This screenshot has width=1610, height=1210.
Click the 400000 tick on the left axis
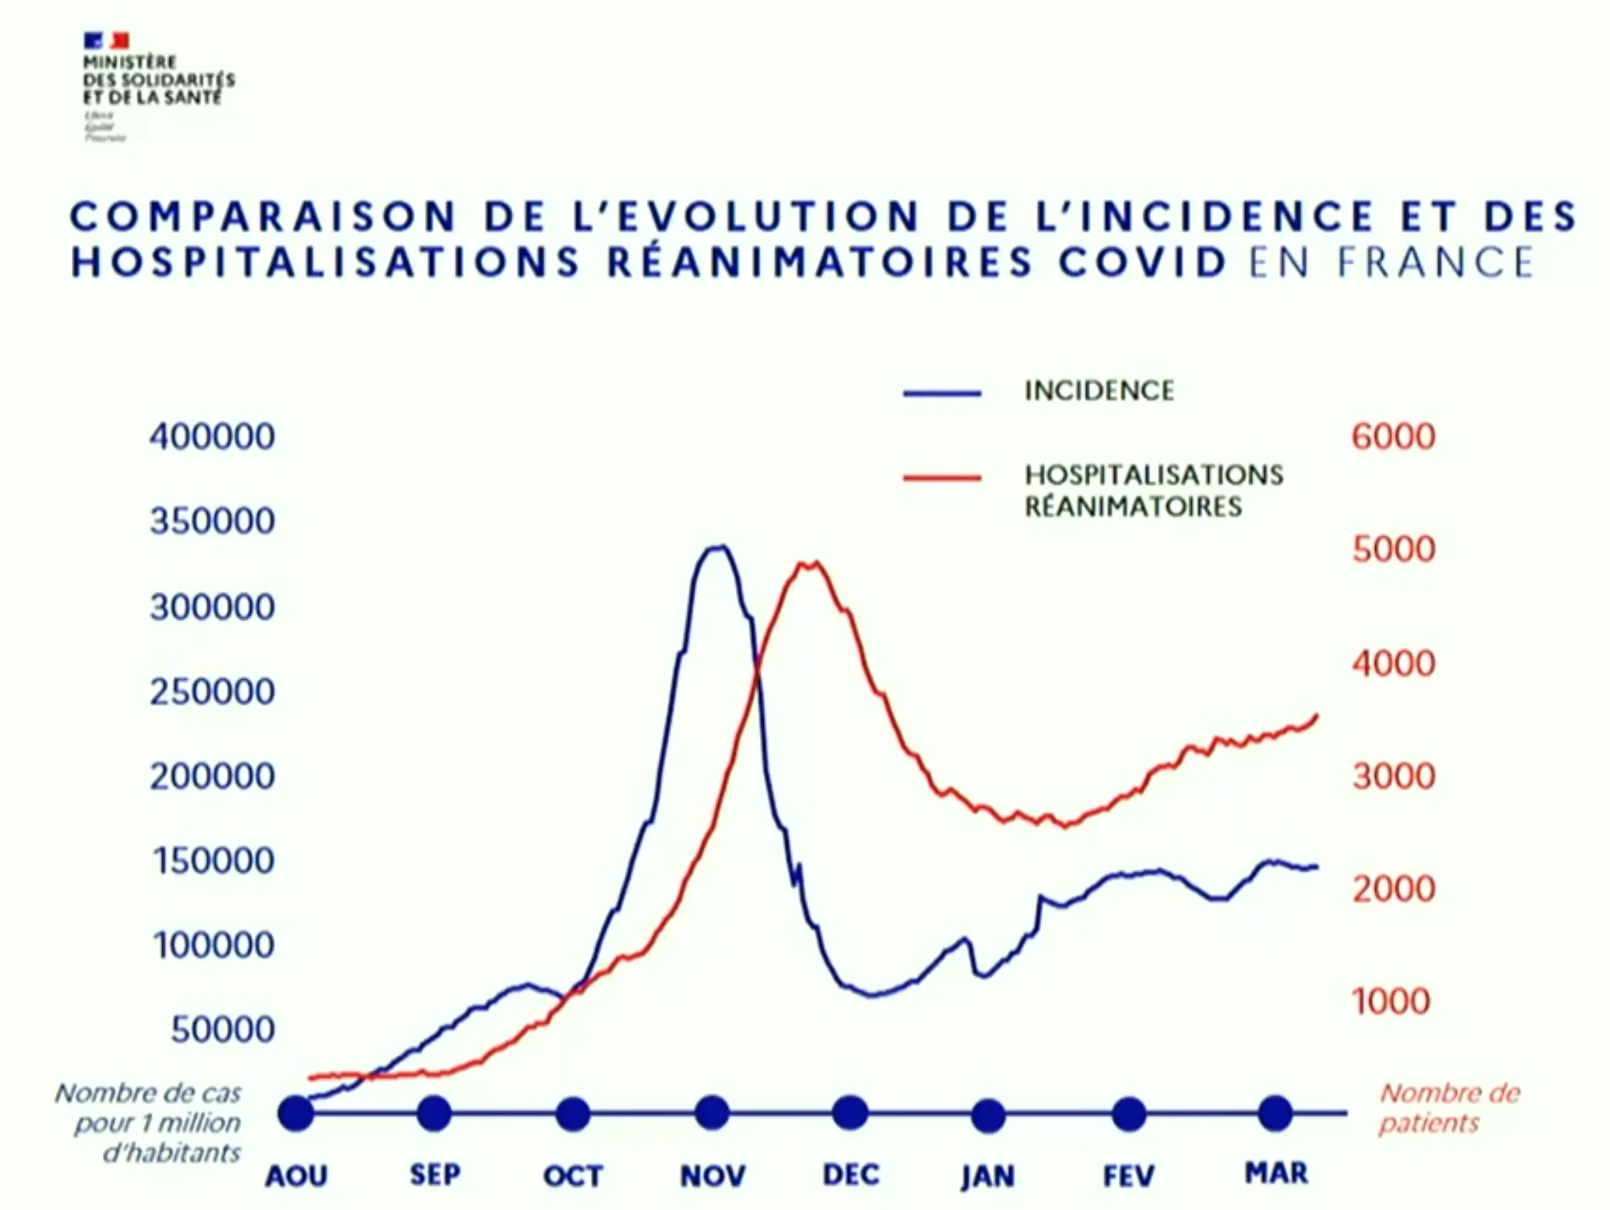(212, 437)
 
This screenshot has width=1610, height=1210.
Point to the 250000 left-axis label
(212, 691)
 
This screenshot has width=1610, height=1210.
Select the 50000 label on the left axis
(222, 1030)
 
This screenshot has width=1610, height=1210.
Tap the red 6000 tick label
(1393, 437)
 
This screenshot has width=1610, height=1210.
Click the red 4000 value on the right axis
(1393, 663)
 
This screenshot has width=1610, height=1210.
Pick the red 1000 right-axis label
(1391, 1002)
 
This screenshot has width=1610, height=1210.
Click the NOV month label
(712, 1176)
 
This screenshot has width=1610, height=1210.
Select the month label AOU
(296, 1176)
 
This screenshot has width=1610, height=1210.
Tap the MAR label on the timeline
(1276, 1173)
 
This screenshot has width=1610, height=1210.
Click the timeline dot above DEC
(850, 1112)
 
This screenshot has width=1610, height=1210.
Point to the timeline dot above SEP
(434, 1112)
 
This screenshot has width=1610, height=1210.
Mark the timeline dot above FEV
(1129, 1114)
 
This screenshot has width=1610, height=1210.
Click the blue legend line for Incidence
(942, 393)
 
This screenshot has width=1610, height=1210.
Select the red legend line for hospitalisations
(942, 478)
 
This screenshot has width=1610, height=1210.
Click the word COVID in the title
(1143, 263)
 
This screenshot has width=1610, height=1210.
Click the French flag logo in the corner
(106, 40)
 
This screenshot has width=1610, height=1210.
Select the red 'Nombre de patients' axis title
(1448, 1108)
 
